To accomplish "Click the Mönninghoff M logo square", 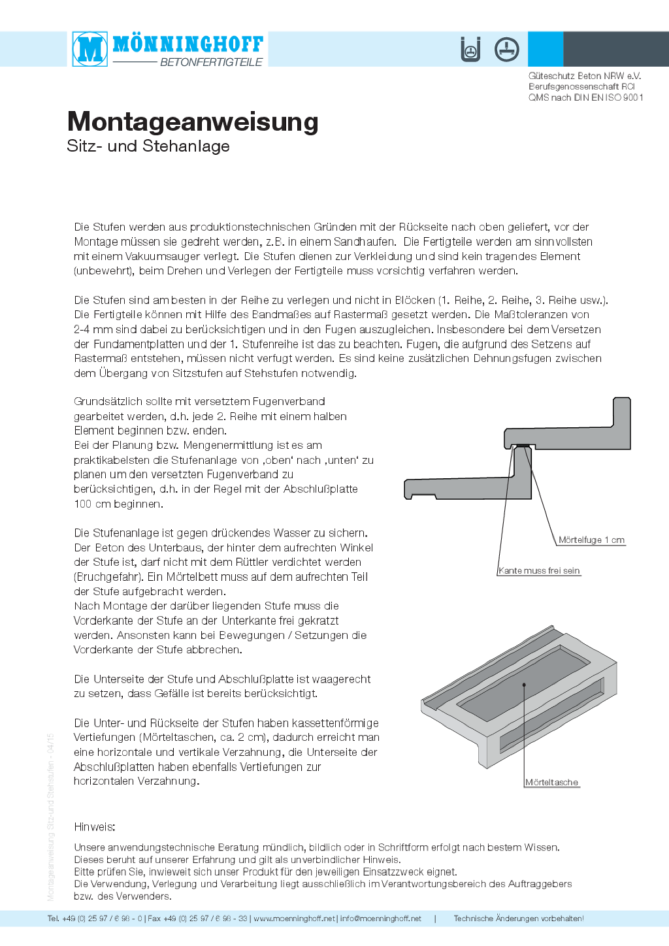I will pos(90,49).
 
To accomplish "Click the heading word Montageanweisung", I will pos(193,122).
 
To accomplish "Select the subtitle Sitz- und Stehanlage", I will pos(148,146).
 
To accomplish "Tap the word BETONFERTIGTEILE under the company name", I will pos(211,62).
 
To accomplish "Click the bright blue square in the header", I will pos(545,49).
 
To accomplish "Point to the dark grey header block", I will pos(615,49).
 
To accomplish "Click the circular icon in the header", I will pos(506,49).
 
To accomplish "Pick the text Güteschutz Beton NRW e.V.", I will pos(585,76).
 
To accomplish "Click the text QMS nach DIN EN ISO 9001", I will pos(586,97).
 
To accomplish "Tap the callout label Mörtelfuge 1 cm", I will pos(591,540).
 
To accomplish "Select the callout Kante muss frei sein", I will pos(539,570).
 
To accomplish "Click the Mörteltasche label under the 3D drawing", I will pos(552,782).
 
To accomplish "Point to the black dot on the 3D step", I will pos(524,685).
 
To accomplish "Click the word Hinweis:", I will pos(95,827).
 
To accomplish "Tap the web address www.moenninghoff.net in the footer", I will pos(294,919).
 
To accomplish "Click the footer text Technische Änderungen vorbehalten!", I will pos(519,919).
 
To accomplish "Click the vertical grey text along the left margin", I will pos(51,817).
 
